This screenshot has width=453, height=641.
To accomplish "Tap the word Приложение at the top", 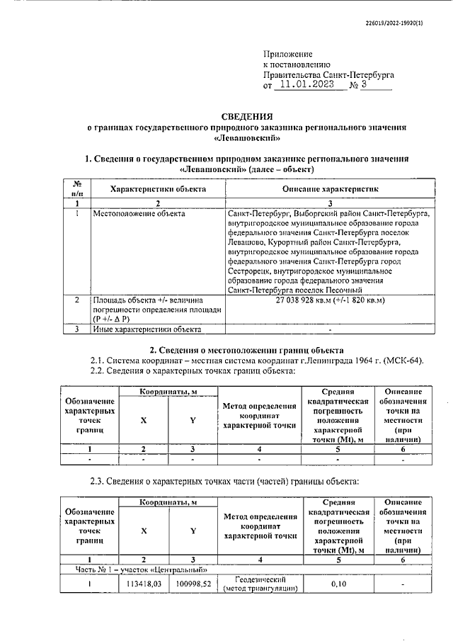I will click(x=287, y=53).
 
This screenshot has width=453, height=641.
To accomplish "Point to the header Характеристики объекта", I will click(x=158, y=190).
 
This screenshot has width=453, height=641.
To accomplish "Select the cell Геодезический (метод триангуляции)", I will click(x=260, y=583).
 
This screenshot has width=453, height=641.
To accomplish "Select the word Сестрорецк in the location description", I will click(x=252, y=271).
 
